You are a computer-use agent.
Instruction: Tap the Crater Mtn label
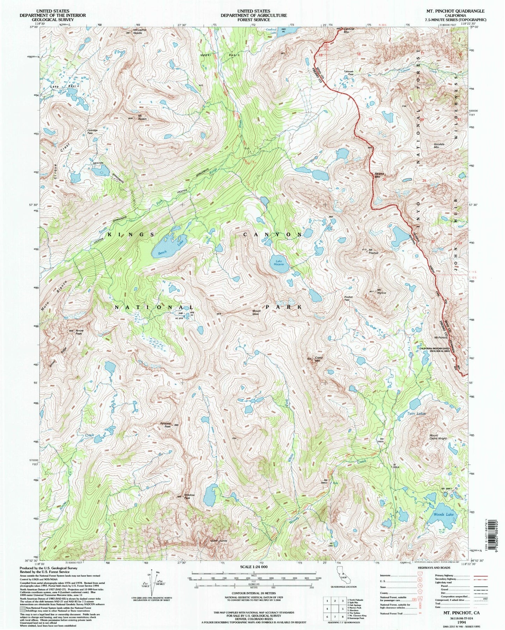point(317,360)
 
